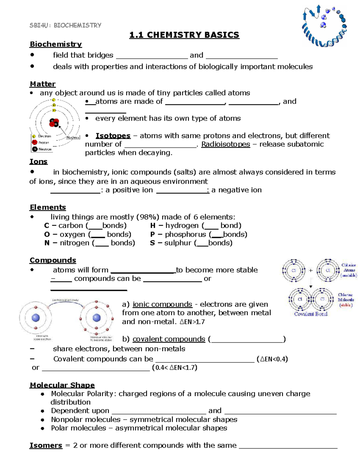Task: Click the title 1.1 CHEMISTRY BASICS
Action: pyautogui.click(x=184, y=35)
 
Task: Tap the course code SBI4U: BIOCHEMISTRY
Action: pyautogui.click(x=65, y=25)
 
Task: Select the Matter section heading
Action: pyautogui.click(x=43, y=84)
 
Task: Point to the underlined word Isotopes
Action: pyautogui.click(x=113, y=136)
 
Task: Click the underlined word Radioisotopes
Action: pyautogui.click(x=225, y=144)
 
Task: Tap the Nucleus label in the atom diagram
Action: pyautogui.click(x=73, y=137)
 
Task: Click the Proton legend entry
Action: pyautogui.click(x=43, y=143)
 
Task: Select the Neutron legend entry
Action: pyautogui.click(x=45, y=149)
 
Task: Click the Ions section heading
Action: pyautogui.click(x=38, y=162)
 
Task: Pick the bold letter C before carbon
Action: pyautogui.click(x=46, y=226)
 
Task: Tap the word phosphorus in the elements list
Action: pyautogui.click(x=185, y=234)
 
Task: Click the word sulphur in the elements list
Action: pyautogui.click(x=178, y=243)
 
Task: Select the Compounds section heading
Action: pyautogui.click(x=53, y=260)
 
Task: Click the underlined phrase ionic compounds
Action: pyautogui.click(x=162, y=304)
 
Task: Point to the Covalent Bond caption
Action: pyautogui.click(x=310, y=314)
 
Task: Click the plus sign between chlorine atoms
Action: pyautogui.click(x=310, y=270)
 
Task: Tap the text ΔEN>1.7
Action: pyautogui.click(x=192, y=322)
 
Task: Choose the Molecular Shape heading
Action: pyautogui.click(x=62, y=385)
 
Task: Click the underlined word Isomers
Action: pyautogui.click(x=46, y=446)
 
